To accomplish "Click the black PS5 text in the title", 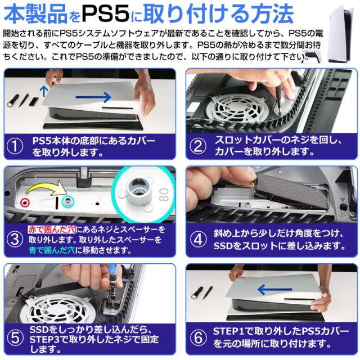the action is click(106, 13).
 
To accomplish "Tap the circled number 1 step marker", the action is click(15, 146).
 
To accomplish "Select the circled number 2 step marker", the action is click(198, 146).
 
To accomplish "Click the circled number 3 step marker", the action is click(15, 239).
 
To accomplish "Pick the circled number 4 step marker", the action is click(198, 239).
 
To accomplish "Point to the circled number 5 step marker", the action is click(15, 338).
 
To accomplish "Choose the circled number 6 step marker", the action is click(198, 337).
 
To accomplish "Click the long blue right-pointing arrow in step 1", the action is click(94, 97).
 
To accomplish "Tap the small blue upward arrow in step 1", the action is click(44, 91).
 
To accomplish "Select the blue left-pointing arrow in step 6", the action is click(274, 290).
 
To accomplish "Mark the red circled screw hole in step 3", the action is click(25, 202).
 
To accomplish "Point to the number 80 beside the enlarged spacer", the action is click(164, 195).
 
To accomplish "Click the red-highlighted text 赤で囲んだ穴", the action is click(52, 229).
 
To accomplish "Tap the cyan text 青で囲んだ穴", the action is click(52, 250).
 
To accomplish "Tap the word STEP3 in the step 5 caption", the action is click(44, 340).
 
